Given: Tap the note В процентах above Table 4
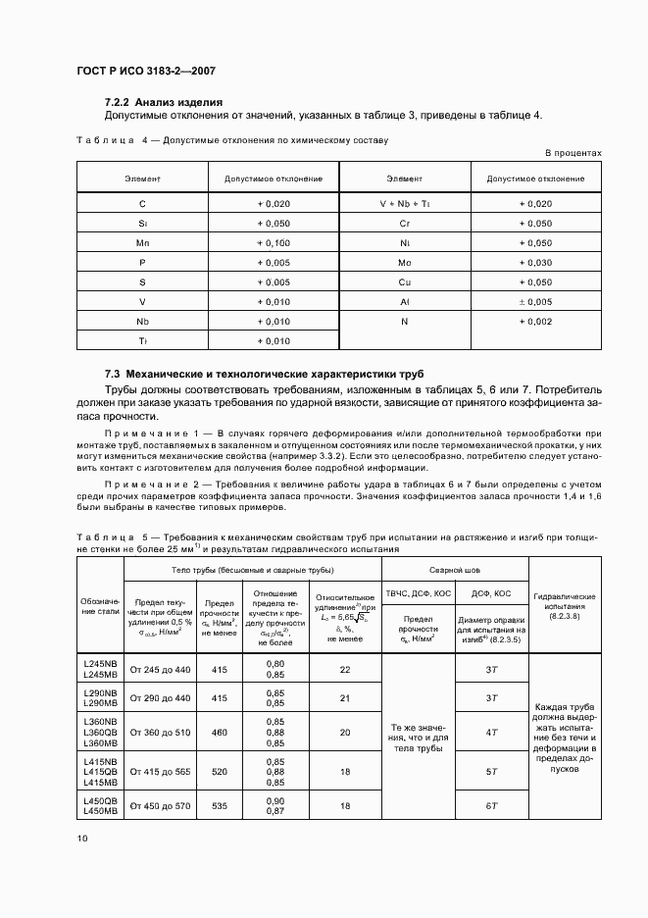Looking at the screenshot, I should click(x=573, y=154).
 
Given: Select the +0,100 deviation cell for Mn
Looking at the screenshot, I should click(x=274, y=242).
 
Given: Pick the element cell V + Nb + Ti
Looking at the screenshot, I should click(x=404, y=203).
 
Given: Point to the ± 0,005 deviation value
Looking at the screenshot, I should click(x=535, y=301).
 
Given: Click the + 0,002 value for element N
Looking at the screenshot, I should click(x=535, y=321).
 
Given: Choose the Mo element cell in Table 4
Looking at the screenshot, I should click(x=404, y=262).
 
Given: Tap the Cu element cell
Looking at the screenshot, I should click(x=404, y=281).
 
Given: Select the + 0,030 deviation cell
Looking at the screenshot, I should click(x=535, y=262).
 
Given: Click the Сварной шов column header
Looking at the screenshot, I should click(x=454, y=570).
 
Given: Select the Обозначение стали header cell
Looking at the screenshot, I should click(x=99, y=606).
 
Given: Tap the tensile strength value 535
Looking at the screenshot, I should click(x=220, y=805).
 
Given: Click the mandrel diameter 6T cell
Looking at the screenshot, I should click(x=492, y=805).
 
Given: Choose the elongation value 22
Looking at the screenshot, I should click(x=344, y=670).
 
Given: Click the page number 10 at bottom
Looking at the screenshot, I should click(x=82, y=839).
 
